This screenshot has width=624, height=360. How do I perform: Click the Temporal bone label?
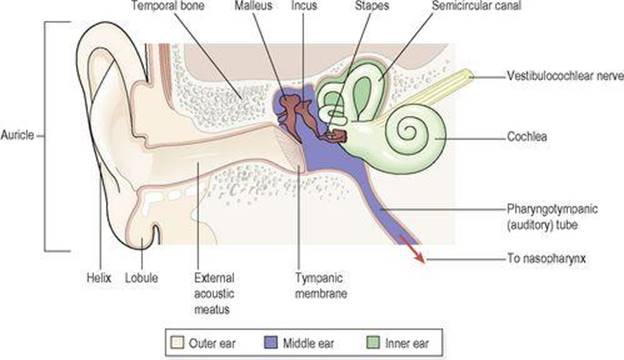point(168,6)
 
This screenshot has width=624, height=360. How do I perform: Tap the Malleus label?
point(254,6)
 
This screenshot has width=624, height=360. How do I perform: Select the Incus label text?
point(304,6)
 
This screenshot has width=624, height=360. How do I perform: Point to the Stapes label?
point(372,6)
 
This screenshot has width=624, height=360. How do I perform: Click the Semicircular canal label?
point(476,6)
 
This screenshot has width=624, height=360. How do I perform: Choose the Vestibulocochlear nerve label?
point(565,76)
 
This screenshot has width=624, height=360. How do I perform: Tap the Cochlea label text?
point(526,137)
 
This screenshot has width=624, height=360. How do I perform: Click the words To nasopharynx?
point(546,259)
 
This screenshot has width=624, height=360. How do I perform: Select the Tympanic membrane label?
point(321,286)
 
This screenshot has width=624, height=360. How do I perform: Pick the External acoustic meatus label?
point(214,294)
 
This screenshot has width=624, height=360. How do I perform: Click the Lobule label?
point(141,278)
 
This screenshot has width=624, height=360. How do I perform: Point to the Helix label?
point(99,278)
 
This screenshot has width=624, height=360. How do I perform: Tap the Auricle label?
point(17,135)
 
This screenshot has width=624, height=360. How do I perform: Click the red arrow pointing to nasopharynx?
point(412,249)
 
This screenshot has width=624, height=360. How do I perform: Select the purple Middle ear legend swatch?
point(271,342)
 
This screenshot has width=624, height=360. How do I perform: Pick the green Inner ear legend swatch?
point(373,342)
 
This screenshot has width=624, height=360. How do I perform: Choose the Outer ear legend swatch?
point(177,342)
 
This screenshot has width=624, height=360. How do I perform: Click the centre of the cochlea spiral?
point(407,130)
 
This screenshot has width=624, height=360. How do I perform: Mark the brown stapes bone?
point(337,136)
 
